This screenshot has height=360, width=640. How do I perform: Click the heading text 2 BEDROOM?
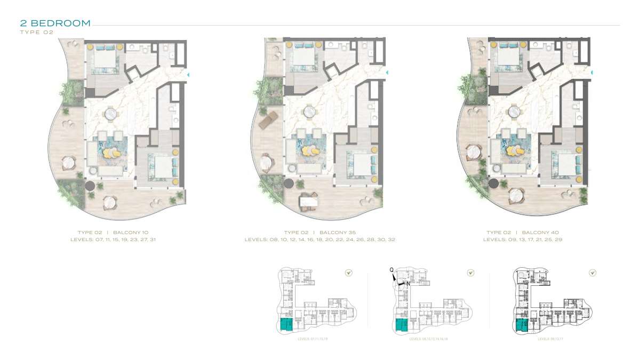pos(55,23)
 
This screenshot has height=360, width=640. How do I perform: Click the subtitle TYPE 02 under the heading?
pos(37,32)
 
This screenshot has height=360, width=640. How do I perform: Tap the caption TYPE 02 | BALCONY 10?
pos(113,233)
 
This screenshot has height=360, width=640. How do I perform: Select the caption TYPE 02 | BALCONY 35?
pos(320,233)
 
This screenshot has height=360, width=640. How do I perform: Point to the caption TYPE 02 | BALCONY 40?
pos(522,233)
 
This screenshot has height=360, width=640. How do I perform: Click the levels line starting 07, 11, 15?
pos(113,240)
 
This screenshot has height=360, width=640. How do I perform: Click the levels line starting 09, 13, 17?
pos(522,240)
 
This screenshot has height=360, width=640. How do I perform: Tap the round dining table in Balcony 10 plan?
pos(111,113)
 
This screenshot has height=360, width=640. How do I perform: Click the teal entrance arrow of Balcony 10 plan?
pos(187,74)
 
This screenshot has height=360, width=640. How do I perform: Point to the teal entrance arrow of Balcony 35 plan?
pos(386,73)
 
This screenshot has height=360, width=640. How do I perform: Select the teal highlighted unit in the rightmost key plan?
pos(522,326)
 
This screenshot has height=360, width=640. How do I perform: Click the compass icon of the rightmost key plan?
pos(593,273)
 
